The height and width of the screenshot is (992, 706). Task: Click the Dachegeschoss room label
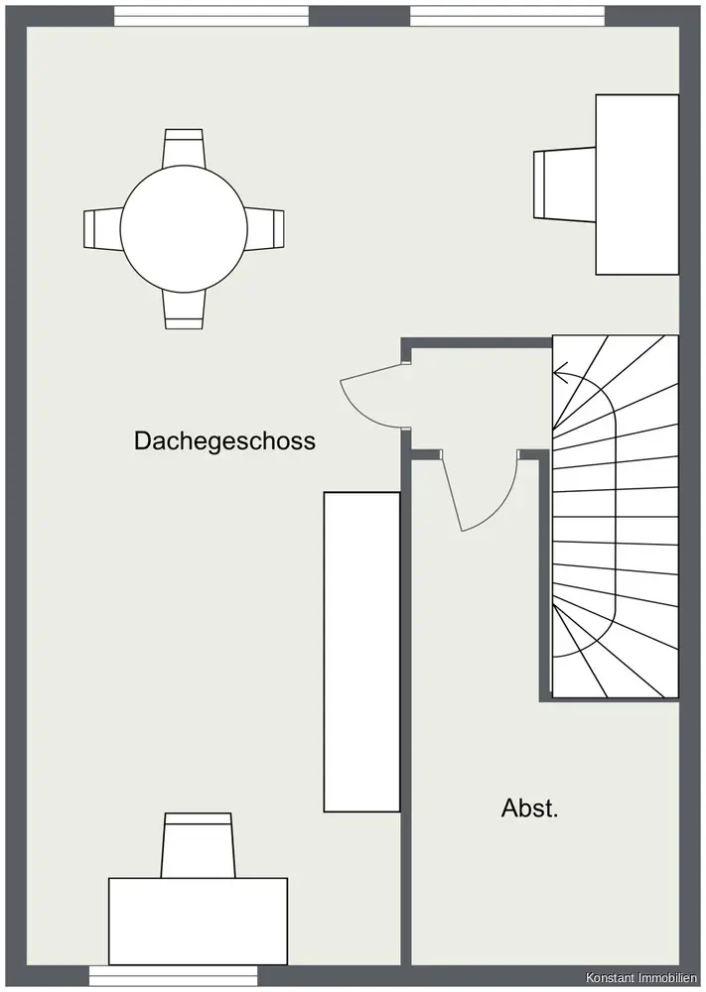pyautogui.click(x=224, y=440)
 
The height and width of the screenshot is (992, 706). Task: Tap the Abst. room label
pyautogui.click(x=529, y=808)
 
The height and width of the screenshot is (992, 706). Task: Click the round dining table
pyautogui.click(x=184, y=228)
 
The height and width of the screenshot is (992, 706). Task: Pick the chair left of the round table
pyautogui.click(x=102, y=228)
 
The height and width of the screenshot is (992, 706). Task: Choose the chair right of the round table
pyautogui.click(x=265, y=228)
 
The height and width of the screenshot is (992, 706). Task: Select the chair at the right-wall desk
pyautogui.click(x=564, y=183)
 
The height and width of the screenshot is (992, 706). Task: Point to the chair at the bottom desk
pyautogui.click(x=198, y=844)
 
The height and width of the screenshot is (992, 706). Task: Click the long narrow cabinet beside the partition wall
pyautogui.click(x=361, y=652)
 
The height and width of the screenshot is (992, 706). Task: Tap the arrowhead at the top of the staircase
pyautogui.click(x=560, y=375)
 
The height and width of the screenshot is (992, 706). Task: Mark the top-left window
pyautogui.click(x=211, y=17)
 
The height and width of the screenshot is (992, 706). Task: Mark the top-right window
pyautogui.click(x=507, y=17)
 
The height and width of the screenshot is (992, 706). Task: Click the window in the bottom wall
pyautogui.click(x=173, y=976)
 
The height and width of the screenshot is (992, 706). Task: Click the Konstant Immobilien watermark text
pyautogui.click(x=641, y=977)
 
